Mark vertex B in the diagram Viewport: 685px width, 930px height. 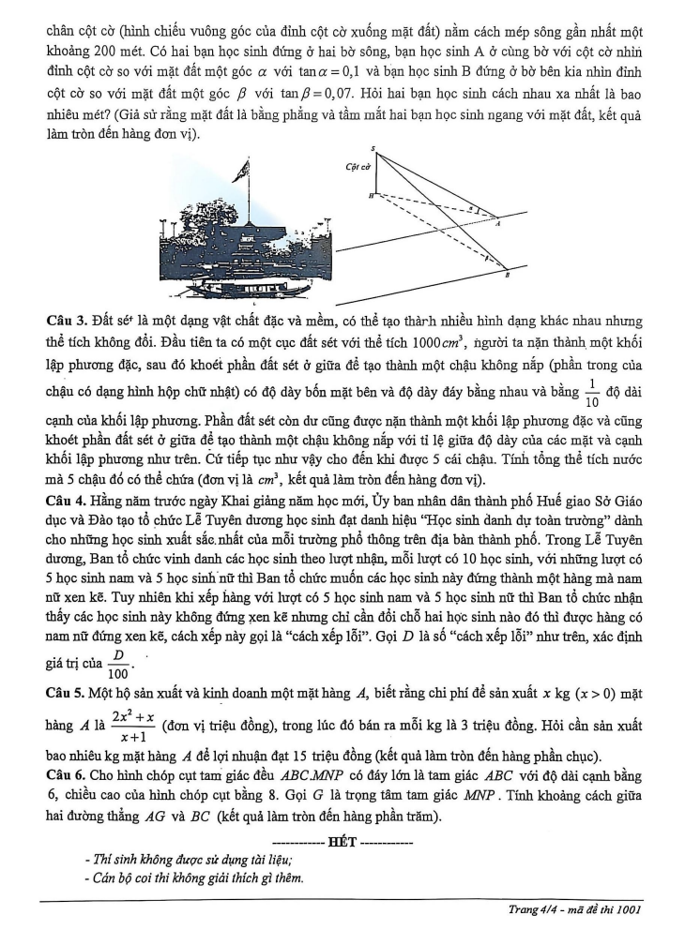tap(508, 273)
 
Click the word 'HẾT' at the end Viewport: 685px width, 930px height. tap(342, 841)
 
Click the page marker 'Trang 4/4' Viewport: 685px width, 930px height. tap(536, 910)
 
